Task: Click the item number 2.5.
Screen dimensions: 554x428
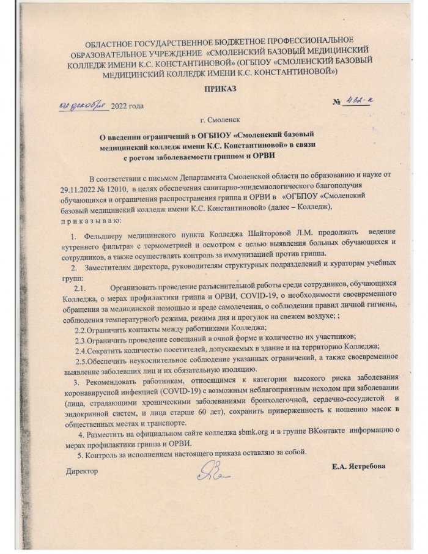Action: tap(83, 363)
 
